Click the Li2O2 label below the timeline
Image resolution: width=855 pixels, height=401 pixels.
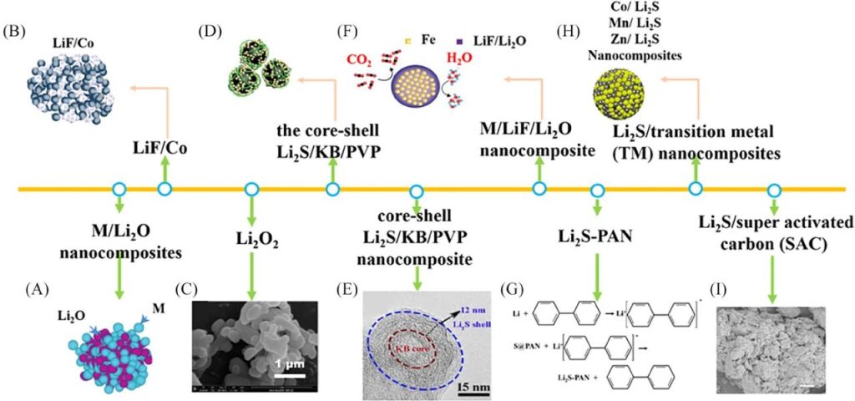coord(250,242)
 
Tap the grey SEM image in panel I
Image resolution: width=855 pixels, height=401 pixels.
coord(763,340)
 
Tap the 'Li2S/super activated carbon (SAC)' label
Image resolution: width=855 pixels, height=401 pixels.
coord(775,232)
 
